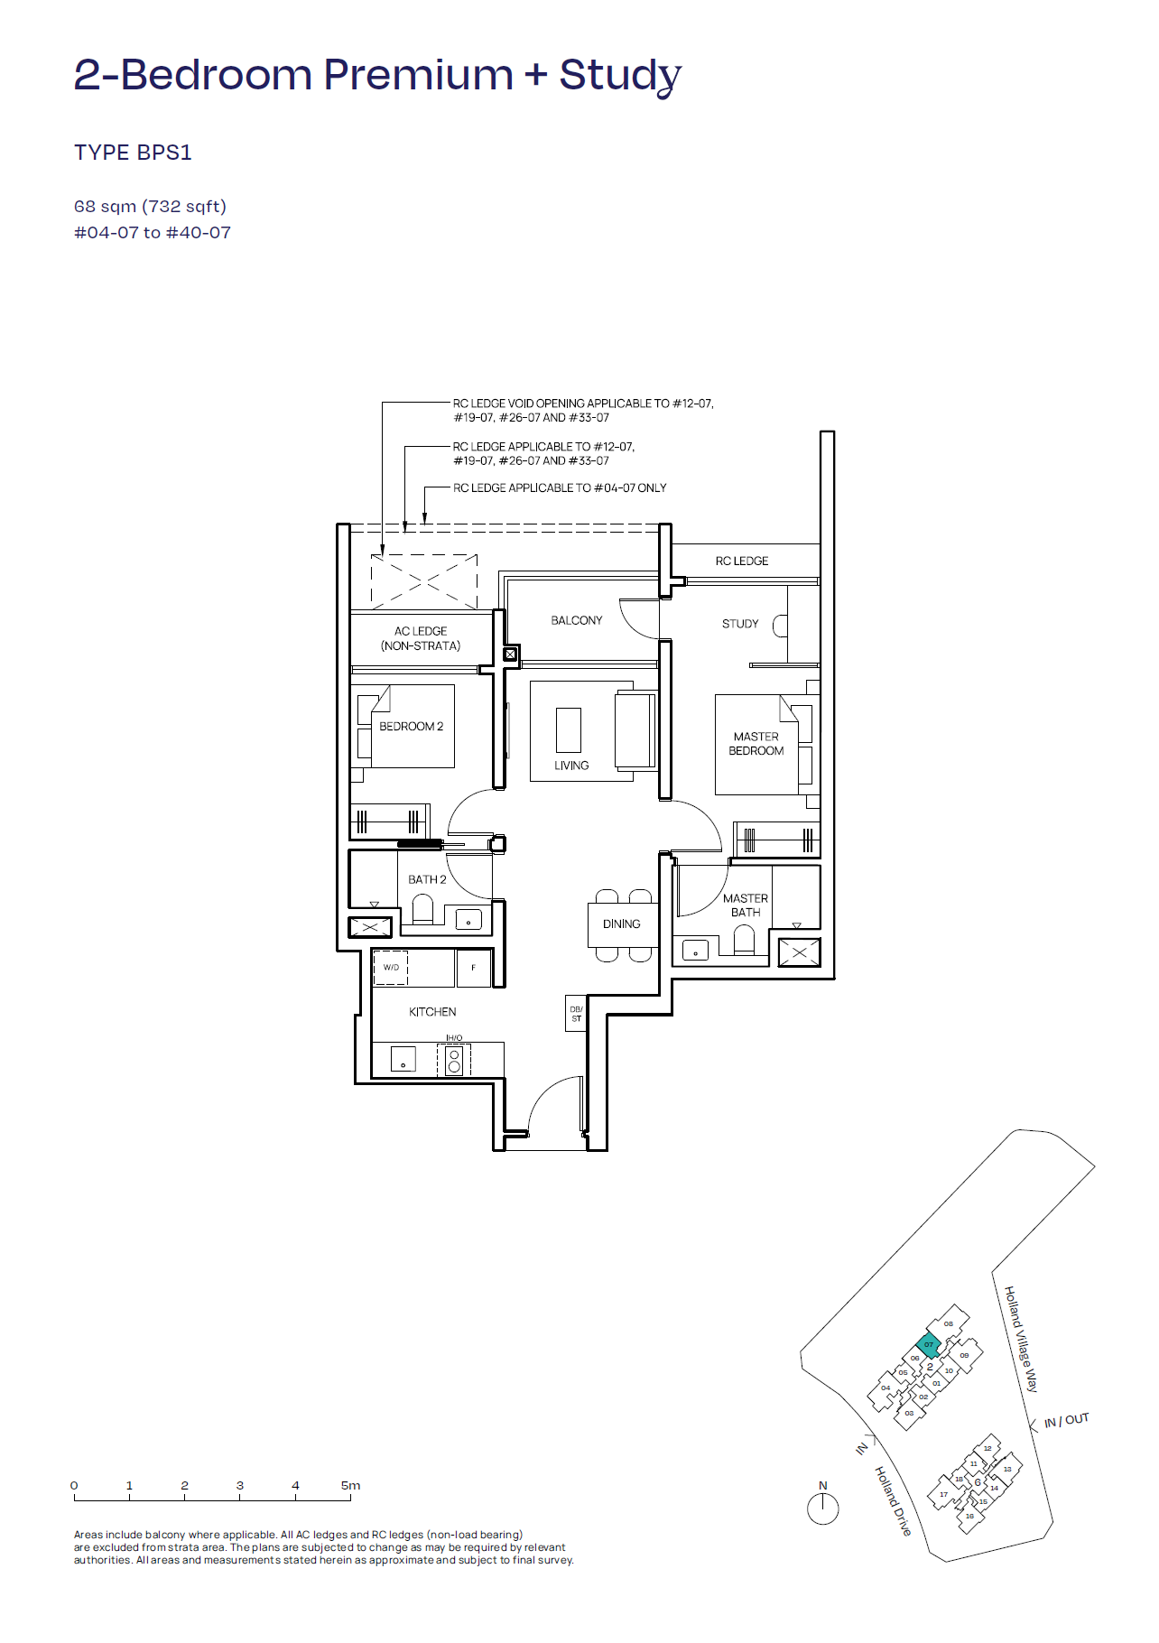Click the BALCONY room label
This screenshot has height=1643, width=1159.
(576, 620)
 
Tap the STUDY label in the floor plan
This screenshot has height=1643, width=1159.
(740, 624)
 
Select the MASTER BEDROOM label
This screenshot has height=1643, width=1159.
(756, 744)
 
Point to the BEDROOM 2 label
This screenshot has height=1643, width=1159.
(411, 727)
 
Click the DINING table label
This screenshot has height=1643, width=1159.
(621, 924)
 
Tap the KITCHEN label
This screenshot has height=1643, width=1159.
(432, 1012)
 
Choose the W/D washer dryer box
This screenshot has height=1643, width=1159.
(391, 968)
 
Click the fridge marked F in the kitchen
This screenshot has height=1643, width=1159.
(473, 968)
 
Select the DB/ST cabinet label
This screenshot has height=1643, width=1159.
(576, 1014)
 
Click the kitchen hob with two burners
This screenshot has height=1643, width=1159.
(454, 1060)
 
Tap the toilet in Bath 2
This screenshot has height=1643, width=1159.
(422, 908)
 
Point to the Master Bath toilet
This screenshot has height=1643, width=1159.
(744, 942)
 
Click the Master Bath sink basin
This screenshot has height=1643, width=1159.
(696, 951)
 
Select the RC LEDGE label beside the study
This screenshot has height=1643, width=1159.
(742, 561)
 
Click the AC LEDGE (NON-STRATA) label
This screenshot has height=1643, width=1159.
(421, 638)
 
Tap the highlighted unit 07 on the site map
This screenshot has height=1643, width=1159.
(928, 1345)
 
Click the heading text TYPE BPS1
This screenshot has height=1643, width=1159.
(133, 153)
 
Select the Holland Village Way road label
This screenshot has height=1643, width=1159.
(1022, 1339)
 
